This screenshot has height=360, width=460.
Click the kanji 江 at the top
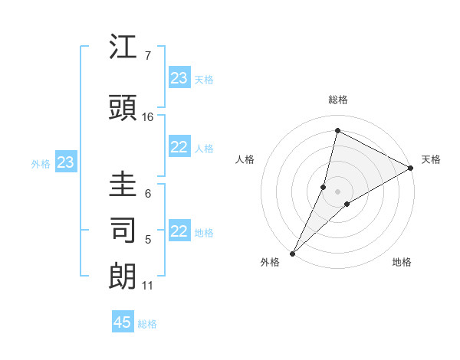pyautogui.click(x=123, y=47)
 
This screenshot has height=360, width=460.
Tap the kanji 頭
pyautogui.click(x=123, y=106)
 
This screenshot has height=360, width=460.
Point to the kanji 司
pyautogui.click(x=123, y=229)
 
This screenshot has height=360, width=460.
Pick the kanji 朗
pyautogui.click(x=123, y=276)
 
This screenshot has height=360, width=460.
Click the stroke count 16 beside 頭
pyautogui.click(x=148, y=116)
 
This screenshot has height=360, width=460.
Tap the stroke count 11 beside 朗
pyautogui.click(x=147, y=286)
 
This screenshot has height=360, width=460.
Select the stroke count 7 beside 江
pyautogui.click(x=147, y=56)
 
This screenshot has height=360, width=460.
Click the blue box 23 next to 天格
pyautogui.click(x=179, y=78)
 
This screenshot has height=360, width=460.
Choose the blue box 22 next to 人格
pyautogui.click(x=179, y=147)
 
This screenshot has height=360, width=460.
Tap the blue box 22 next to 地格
pyautogui.click(x=179, y=231)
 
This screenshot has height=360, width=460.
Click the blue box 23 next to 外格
pyautogui.click(x=65, y=162)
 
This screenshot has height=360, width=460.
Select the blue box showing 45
pyautogui.click(x=123, y=322)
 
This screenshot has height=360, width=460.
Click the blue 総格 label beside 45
pyautogui.click(x=147, y=324)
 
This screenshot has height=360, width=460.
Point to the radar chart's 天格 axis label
pyautogui.click(x=431, y=159)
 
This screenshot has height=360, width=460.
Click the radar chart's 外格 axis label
pyautogui.click(x=270, y=262)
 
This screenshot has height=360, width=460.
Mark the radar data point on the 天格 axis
pyautogui.click(x=412, y=168)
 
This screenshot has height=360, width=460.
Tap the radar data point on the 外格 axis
pyautogui.click(x=293, y=253)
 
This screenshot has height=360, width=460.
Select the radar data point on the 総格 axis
pyautogui.click(x=337, y=130)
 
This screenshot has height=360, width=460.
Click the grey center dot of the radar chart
pyautogui.click(x=337, y=191)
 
